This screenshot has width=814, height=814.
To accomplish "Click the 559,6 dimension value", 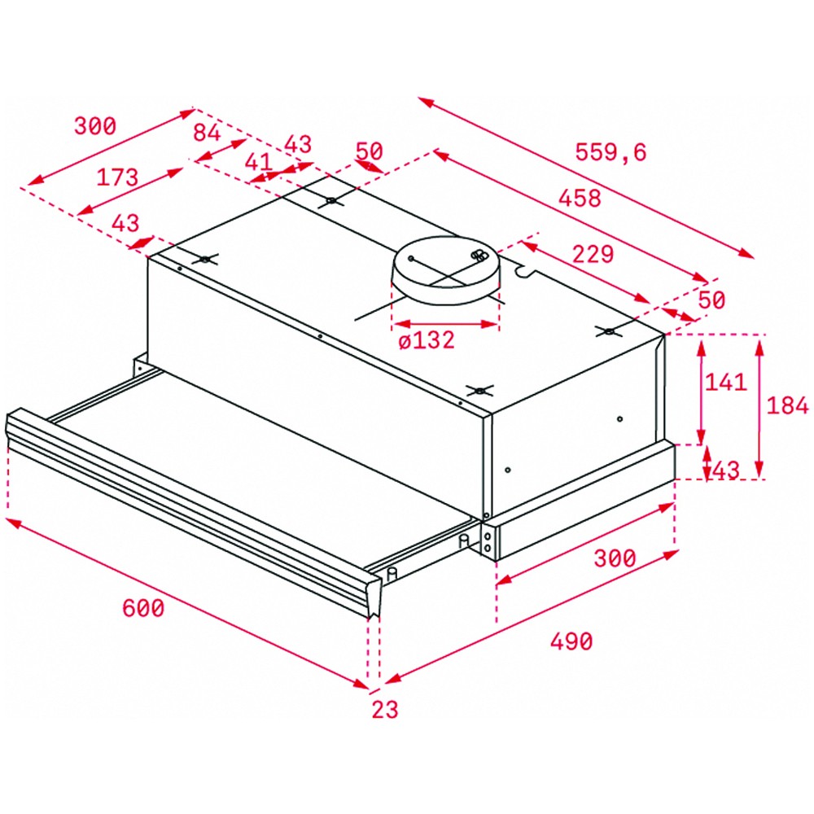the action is coord(611,152).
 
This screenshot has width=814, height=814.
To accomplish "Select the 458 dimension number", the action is coord(580,198).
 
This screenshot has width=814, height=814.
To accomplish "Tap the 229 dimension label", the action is coord(593,254).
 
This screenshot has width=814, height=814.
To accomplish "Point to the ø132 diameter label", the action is coord(427,340).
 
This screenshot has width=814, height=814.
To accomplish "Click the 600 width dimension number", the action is coord(142,607).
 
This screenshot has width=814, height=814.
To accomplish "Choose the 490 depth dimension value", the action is coord(571,641).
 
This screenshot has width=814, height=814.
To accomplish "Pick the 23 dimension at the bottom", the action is coord(385,709).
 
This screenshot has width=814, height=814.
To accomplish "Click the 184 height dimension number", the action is coord(787,405).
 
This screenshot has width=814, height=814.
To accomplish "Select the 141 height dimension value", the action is coord(725,382).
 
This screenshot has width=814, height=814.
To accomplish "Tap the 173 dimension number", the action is coord(117,177).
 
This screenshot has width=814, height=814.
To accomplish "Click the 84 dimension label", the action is coord(207,133).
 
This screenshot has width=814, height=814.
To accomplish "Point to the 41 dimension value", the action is coord(258,161).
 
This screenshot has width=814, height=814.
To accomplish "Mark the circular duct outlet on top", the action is coord(446,270).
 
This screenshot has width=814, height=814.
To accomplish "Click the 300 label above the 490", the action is coord(615,558).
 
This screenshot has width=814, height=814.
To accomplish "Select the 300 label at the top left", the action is coord(95,125).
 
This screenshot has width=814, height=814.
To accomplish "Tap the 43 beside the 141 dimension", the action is coord(726,470).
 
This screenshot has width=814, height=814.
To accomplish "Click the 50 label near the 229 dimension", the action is coord(711,300).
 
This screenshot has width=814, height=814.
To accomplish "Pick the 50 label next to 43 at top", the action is coord(369,151).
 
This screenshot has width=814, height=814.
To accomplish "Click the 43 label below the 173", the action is coord(125,223).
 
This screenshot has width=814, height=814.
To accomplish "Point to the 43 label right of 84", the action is coord(298,144).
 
